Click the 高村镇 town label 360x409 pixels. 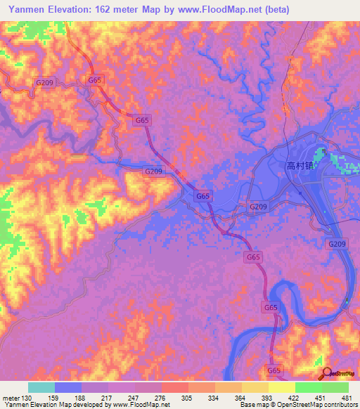pyautogui.click(x=303, y=167)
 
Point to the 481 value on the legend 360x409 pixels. pyautogui.click(x=347, y=398)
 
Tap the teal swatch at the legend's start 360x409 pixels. pyautogui.click(x=41, y=387)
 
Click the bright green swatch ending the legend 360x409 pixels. pyautogui.click(x=335, y=387)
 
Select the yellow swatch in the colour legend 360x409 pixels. pyautogui.click(x=282, y=387)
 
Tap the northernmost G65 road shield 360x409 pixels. pyautogui.click(x=95, y=80)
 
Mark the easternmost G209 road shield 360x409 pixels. pyautogui.click(x=337, y=244)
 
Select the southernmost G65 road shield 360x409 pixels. pyautogui.click(x=274, y=370)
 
